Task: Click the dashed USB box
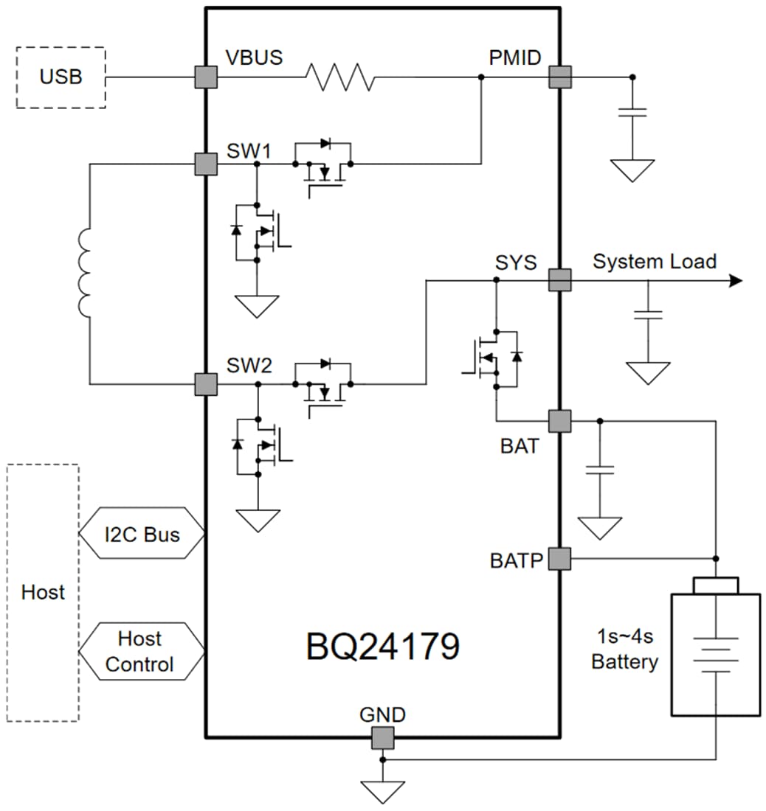click(61, 77)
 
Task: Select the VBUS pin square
click(206, 77)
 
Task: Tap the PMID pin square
click(560, 77)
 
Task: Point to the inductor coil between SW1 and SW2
click(86, 273)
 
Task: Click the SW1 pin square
click(206, 164)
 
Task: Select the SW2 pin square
click(206, 384)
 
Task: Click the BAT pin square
click(560, 421)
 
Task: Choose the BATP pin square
click(560, 559)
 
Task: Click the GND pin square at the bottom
click(382, 737)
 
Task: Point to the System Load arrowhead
click(735, 280)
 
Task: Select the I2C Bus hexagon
click(141, 534)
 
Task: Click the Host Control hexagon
click(141, 651)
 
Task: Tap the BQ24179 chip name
click(383, 646)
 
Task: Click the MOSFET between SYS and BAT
click(495, 358)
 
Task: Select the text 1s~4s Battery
click(624, 649)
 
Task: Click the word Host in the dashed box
click(43, 592)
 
